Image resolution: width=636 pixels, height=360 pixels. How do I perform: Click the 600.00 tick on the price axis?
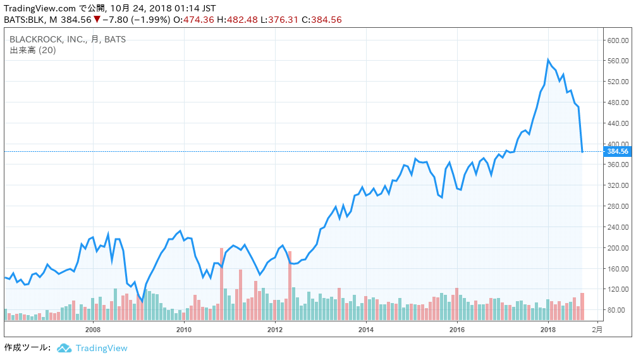coord(617,40)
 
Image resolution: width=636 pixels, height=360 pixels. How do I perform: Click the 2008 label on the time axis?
coord(93,329)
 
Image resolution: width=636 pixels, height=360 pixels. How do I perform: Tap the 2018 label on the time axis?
coord(548,329)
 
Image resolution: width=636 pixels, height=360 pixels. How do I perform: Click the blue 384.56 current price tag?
coord(616,151)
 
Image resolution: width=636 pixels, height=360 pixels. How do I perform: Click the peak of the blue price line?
coord(548,59)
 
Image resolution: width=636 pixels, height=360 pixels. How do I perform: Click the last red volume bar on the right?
coord(582,306)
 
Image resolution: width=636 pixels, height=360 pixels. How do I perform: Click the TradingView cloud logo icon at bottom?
coord(64,348)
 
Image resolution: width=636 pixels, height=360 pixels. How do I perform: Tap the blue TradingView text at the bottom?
coord(101,348)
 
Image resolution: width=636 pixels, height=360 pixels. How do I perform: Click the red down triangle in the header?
coord(97,20)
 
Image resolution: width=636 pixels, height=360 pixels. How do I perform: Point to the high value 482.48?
coord(242,20)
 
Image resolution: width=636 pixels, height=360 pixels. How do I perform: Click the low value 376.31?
coord(284,20)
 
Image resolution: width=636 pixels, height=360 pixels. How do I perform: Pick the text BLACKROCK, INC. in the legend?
coord(47,39)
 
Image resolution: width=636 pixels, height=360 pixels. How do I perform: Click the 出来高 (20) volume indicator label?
coord(33,50)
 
